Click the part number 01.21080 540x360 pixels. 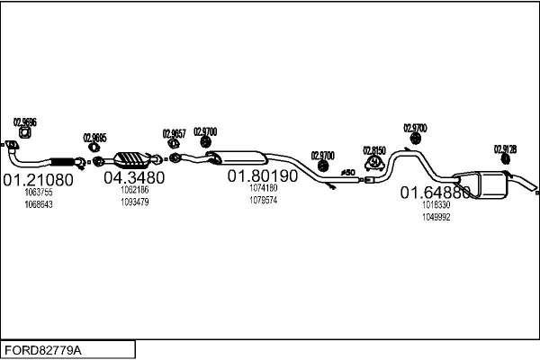[37, 179]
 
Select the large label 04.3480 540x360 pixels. [134, 177]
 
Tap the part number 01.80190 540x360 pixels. [261, 176]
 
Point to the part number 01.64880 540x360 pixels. [436, 193]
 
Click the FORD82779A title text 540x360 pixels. [42, 347]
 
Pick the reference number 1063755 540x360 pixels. [39, 192]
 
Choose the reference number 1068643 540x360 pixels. [39, 204]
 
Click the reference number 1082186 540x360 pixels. [134, 190]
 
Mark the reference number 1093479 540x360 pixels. [134, 202]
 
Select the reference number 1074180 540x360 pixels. [264, 188]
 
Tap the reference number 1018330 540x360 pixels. [436, 205]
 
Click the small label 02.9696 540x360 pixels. [24, 121]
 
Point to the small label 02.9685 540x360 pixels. [94, 138]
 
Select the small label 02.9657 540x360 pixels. [174, 133]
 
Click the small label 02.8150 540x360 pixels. [374, 149]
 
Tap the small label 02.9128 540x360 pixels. [505, 149]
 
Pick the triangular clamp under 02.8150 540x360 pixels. [374, 164]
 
